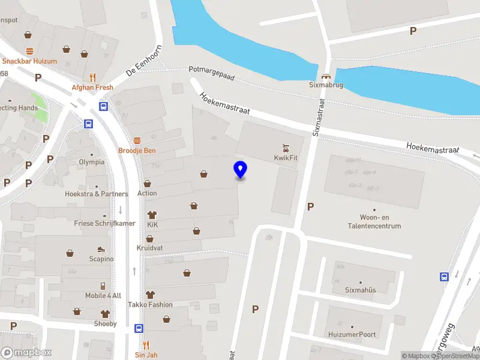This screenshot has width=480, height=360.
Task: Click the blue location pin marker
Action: point(240,169)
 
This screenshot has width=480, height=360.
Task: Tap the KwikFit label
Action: point(286,157)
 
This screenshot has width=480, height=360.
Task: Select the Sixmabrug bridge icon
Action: point(325,76)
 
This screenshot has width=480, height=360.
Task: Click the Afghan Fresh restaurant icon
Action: point(92,77)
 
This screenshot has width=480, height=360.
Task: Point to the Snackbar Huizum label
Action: point(29,61)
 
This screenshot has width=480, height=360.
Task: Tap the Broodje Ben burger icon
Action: point(137,140)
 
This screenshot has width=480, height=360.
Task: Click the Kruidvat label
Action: point(149,248)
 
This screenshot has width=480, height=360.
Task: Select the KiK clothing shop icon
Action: point(151,214)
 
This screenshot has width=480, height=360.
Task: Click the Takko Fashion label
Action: point(150,304)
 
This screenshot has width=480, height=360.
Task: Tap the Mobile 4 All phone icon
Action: point(103,286)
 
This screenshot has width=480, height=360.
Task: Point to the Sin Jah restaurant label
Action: point(145,355)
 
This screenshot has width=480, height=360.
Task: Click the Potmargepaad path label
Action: point(211,73)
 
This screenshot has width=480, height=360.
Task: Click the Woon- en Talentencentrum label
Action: point(372,221)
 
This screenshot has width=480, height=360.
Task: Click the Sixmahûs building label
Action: point(360,290)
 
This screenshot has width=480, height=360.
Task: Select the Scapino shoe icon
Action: point(101,249)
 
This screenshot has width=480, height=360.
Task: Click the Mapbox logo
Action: point(26,353)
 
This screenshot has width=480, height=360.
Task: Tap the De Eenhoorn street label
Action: point(144,61)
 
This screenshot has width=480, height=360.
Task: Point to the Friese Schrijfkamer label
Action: point(104,223)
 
